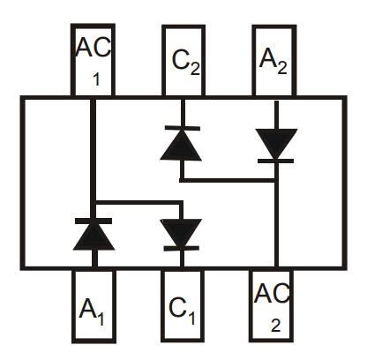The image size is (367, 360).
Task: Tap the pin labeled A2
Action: click(274, 60)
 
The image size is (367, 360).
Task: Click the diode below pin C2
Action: click(181, 144)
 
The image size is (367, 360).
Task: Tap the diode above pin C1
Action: click(181, 233)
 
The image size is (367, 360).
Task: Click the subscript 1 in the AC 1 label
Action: click(96, 79)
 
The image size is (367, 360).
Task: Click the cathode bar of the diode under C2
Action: click(181, 129)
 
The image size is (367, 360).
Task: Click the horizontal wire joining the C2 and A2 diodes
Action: click(228, 179)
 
